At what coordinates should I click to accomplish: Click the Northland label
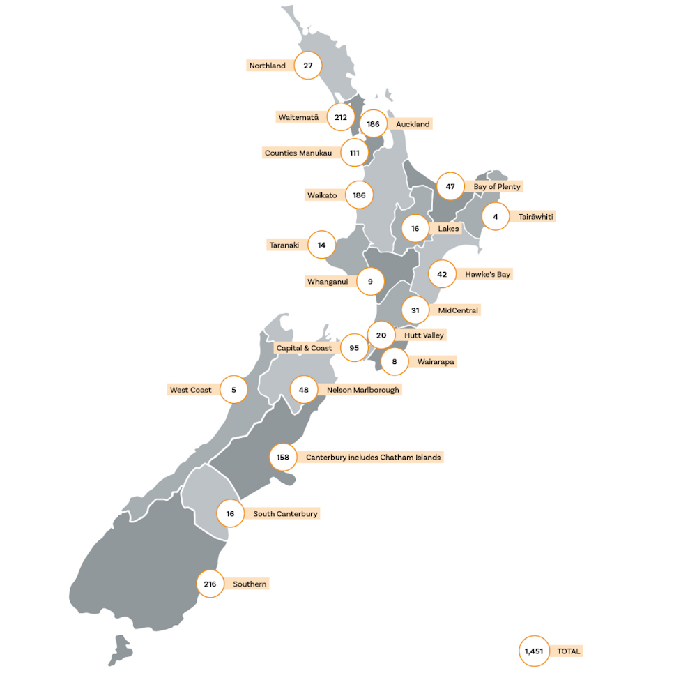268,66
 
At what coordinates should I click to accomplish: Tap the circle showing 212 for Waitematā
340,117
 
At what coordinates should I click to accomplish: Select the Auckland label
413,124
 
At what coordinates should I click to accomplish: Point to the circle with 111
355,153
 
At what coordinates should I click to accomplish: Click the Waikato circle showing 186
359,195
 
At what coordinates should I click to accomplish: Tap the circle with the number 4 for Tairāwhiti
496,217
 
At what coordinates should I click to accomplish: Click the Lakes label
448,229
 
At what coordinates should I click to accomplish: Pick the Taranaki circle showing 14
321,245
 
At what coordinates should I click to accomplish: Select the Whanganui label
328,282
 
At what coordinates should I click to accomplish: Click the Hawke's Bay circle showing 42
442,275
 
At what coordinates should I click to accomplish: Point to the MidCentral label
458,310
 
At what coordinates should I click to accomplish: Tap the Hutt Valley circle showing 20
381,335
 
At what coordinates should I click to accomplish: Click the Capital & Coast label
304,348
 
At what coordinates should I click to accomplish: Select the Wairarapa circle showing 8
395,362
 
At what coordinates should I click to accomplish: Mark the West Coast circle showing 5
234,390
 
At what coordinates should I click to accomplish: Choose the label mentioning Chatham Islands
373,458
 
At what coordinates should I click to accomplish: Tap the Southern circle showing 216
210,584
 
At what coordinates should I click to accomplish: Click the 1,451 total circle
535,651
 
